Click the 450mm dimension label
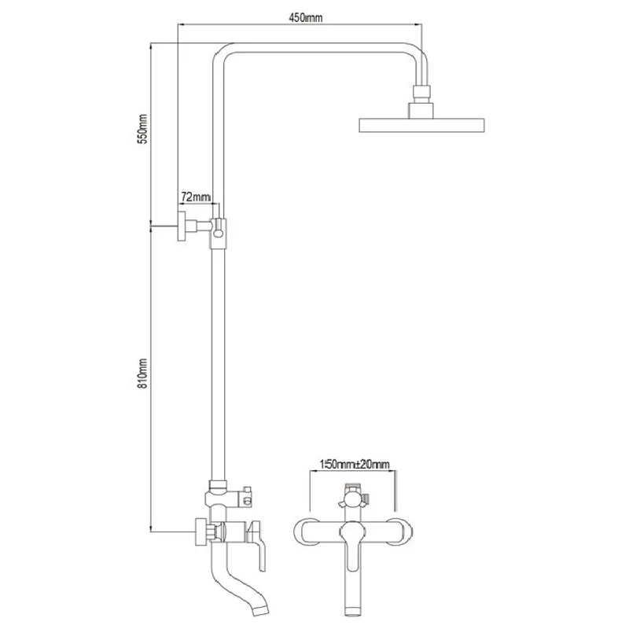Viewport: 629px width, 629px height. [305, 18]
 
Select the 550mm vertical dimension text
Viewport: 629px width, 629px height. [142, 129]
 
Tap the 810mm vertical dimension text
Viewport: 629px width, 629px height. [142, 373]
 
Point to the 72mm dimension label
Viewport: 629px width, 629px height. [195, 197]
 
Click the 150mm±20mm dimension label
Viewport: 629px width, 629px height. [355, 465]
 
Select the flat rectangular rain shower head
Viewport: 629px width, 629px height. [421, 125]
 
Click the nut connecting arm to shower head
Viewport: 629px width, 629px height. [421, 92]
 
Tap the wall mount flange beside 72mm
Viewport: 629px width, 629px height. [182, 226]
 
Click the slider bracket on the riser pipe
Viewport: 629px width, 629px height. [219, 234]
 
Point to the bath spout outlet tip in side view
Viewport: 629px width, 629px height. [260, 610]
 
